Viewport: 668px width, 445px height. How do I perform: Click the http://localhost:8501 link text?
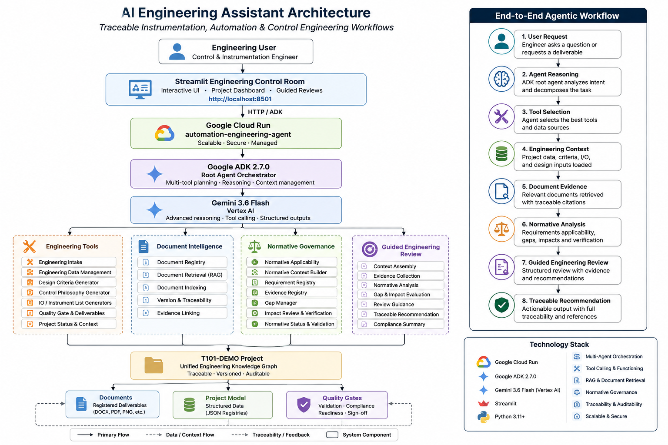240,99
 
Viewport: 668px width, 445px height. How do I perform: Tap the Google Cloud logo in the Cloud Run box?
164,133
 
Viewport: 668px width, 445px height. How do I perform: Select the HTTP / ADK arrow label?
265,112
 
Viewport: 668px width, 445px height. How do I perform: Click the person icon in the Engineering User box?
177,52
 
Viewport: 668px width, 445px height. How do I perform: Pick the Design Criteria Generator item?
69,282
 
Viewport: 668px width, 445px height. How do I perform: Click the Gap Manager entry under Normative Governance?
281,303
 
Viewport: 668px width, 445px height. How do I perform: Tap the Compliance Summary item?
399,324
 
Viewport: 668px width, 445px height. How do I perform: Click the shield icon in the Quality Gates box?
304,405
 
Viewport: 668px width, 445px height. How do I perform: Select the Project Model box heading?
225,398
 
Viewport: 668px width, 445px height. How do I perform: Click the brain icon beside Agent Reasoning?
501,79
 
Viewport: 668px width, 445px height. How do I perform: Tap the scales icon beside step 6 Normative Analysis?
501,229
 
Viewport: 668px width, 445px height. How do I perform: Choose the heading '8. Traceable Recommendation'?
566,301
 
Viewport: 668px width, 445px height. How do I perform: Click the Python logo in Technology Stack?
484,417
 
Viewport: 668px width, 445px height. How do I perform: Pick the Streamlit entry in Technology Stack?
505,404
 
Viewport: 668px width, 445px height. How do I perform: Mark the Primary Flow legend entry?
104,435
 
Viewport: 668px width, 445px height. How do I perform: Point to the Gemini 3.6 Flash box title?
240,203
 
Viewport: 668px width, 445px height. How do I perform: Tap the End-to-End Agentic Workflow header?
557,16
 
